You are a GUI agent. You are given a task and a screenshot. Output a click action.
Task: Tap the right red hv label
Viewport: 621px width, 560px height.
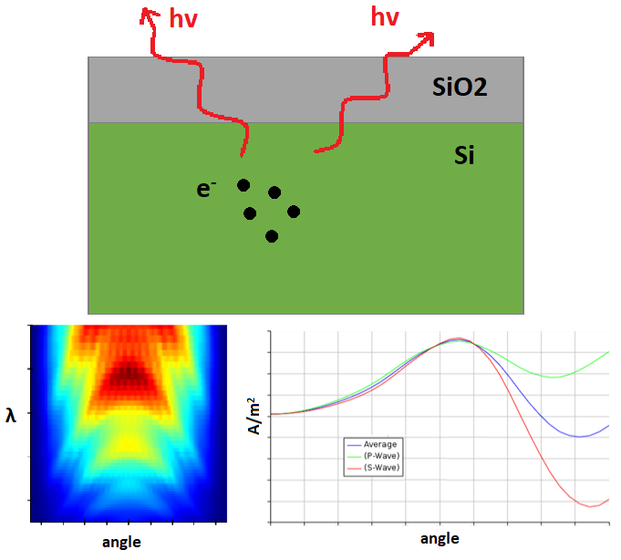[x=385, y=16]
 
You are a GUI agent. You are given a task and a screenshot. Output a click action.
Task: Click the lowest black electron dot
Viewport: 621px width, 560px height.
[x=271, y=236]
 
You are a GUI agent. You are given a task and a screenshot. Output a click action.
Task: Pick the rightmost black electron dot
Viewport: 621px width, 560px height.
[x=294, y=212]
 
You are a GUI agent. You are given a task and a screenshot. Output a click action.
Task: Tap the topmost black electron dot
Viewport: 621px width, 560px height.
[x=243, y=185]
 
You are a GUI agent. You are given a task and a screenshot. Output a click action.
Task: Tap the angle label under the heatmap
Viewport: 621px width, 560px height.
[x=121, y=542]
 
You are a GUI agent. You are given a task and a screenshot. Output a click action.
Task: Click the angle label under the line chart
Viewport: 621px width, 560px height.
[x=440, y=538]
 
